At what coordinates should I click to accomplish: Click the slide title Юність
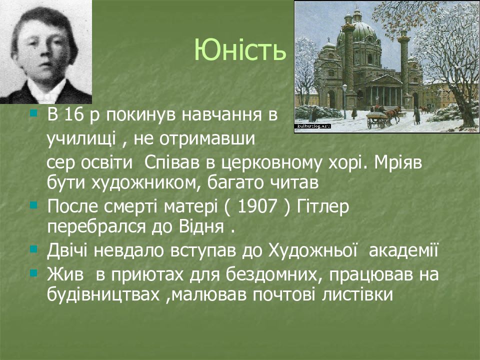240,50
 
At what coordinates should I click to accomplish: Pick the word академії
404,250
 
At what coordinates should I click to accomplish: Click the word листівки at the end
357,294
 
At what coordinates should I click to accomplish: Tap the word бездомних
274,274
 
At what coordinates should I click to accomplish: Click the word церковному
271,163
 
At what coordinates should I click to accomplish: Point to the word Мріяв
398,163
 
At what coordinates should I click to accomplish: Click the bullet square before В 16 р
33,113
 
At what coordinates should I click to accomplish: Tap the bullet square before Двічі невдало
33,249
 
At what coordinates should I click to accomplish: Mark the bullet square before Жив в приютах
33,273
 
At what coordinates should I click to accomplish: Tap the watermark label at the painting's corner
312,126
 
